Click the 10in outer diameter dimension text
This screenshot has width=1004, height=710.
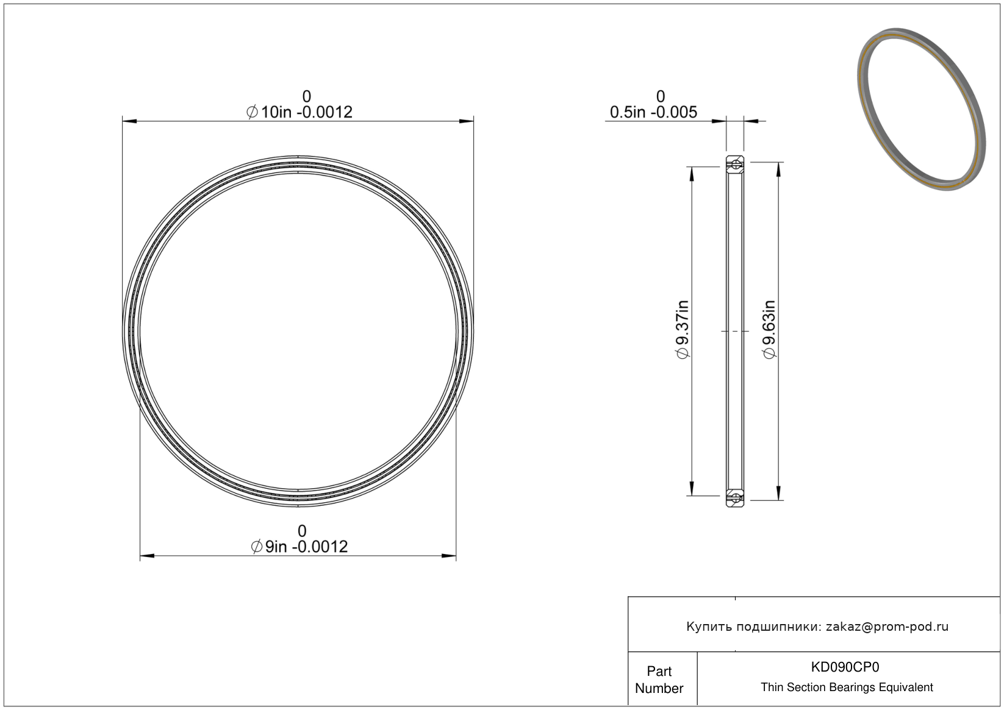(x=299, y=112)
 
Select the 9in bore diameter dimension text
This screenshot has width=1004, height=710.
(x=299, y=547)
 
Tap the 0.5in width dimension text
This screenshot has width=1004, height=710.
(x=653, y=112)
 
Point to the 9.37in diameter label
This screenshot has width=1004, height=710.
(x=682, y=329)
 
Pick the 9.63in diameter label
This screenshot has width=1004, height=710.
(x=769, y=329)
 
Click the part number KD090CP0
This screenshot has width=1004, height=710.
(x=845, y=667)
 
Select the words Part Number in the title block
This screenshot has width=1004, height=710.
(x=659, y=680)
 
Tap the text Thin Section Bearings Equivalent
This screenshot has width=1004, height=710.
(x=847, y=687)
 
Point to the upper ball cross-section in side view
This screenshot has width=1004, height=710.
(x=736, y=165)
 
